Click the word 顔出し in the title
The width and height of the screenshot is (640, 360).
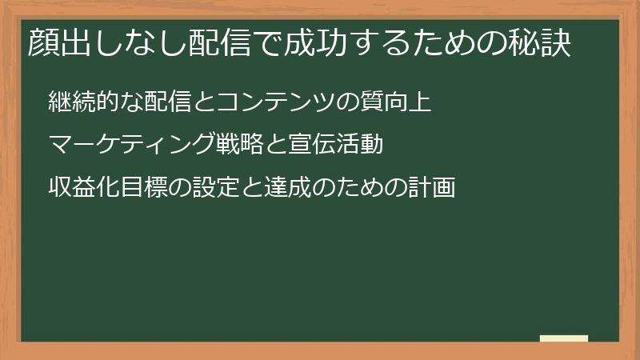(x=69, y=44)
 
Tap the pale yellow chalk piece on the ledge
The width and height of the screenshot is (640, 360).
(x=564, y=338)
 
